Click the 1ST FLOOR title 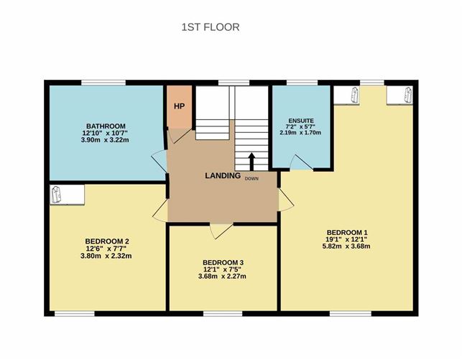point(211,27)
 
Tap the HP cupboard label point(179,106)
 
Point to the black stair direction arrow point(251,161)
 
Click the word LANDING point(223,175)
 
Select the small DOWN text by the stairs point(251,178)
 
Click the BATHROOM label point(106,126)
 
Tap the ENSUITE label point(301,121)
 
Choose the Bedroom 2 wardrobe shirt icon point(56,194)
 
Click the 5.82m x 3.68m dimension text point(346,246)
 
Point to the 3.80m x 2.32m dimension point(106,256)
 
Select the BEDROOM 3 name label point(223,262)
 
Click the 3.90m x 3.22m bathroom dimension point(105,140)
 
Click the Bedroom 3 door point(221,231)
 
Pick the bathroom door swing point(160,162)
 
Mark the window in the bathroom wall point(103,83)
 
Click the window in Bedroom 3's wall point(223,313)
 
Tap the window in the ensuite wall point(302,83)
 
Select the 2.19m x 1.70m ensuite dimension point(300,132)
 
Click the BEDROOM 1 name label point(347,232)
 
